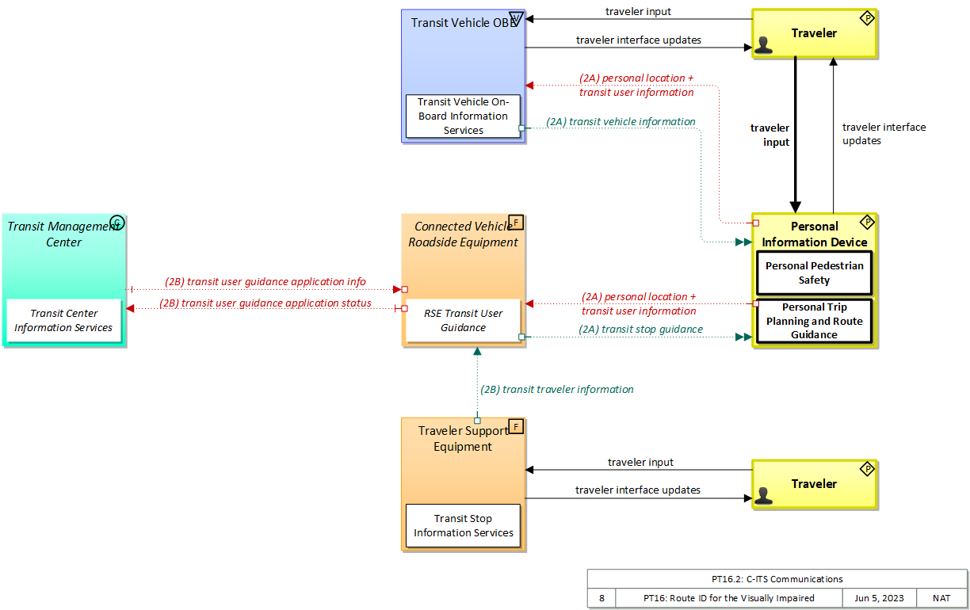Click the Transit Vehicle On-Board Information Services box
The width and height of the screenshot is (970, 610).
pos(463,116)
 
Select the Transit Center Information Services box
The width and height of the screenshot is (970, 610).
pos(63,321)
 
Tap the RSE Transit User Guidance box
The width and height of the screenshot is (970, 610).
pos(463,320)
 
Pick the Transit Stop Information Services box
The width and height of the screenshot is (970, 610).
pos(463,526)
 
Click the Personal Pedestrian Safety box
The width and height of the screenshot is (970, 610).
pos(814,273)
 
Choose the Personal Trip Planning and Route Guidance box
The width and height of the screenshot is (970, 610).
pos(814,321)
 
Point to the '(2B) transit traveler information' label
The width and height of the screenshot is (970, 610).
pos(557,390)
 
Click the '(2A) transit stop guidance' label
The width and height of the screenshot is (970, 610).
pos(641,330)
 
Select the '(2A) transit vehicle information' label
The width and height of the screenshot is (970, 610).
pos(621,122)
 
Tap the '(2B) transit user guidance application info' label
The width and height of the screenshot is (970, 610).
pos(265,282)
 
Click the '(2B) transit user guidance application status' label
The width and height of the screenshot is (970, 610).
pos(265,303)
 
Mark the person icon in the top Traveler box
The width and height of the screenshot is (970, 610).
pos(763,44)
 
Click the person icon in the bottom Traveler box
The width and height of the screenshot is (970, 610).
pos(763,496)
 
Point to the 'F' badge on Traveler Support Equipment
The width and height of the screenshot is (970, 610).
pos(515,427)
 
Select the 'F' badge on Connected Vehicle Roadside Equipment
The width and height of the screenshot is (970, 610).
pos(515,222)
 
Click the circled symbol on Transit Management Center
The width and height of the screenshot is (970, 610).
pos(117,223)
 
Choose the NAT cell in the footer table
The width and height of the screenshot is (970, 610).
pos(941,598)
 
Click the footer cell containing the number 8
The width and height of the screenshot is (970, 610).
pos(601,598)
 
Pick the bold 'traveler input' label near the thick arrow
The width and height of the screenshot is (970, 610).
pos(770,135)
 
